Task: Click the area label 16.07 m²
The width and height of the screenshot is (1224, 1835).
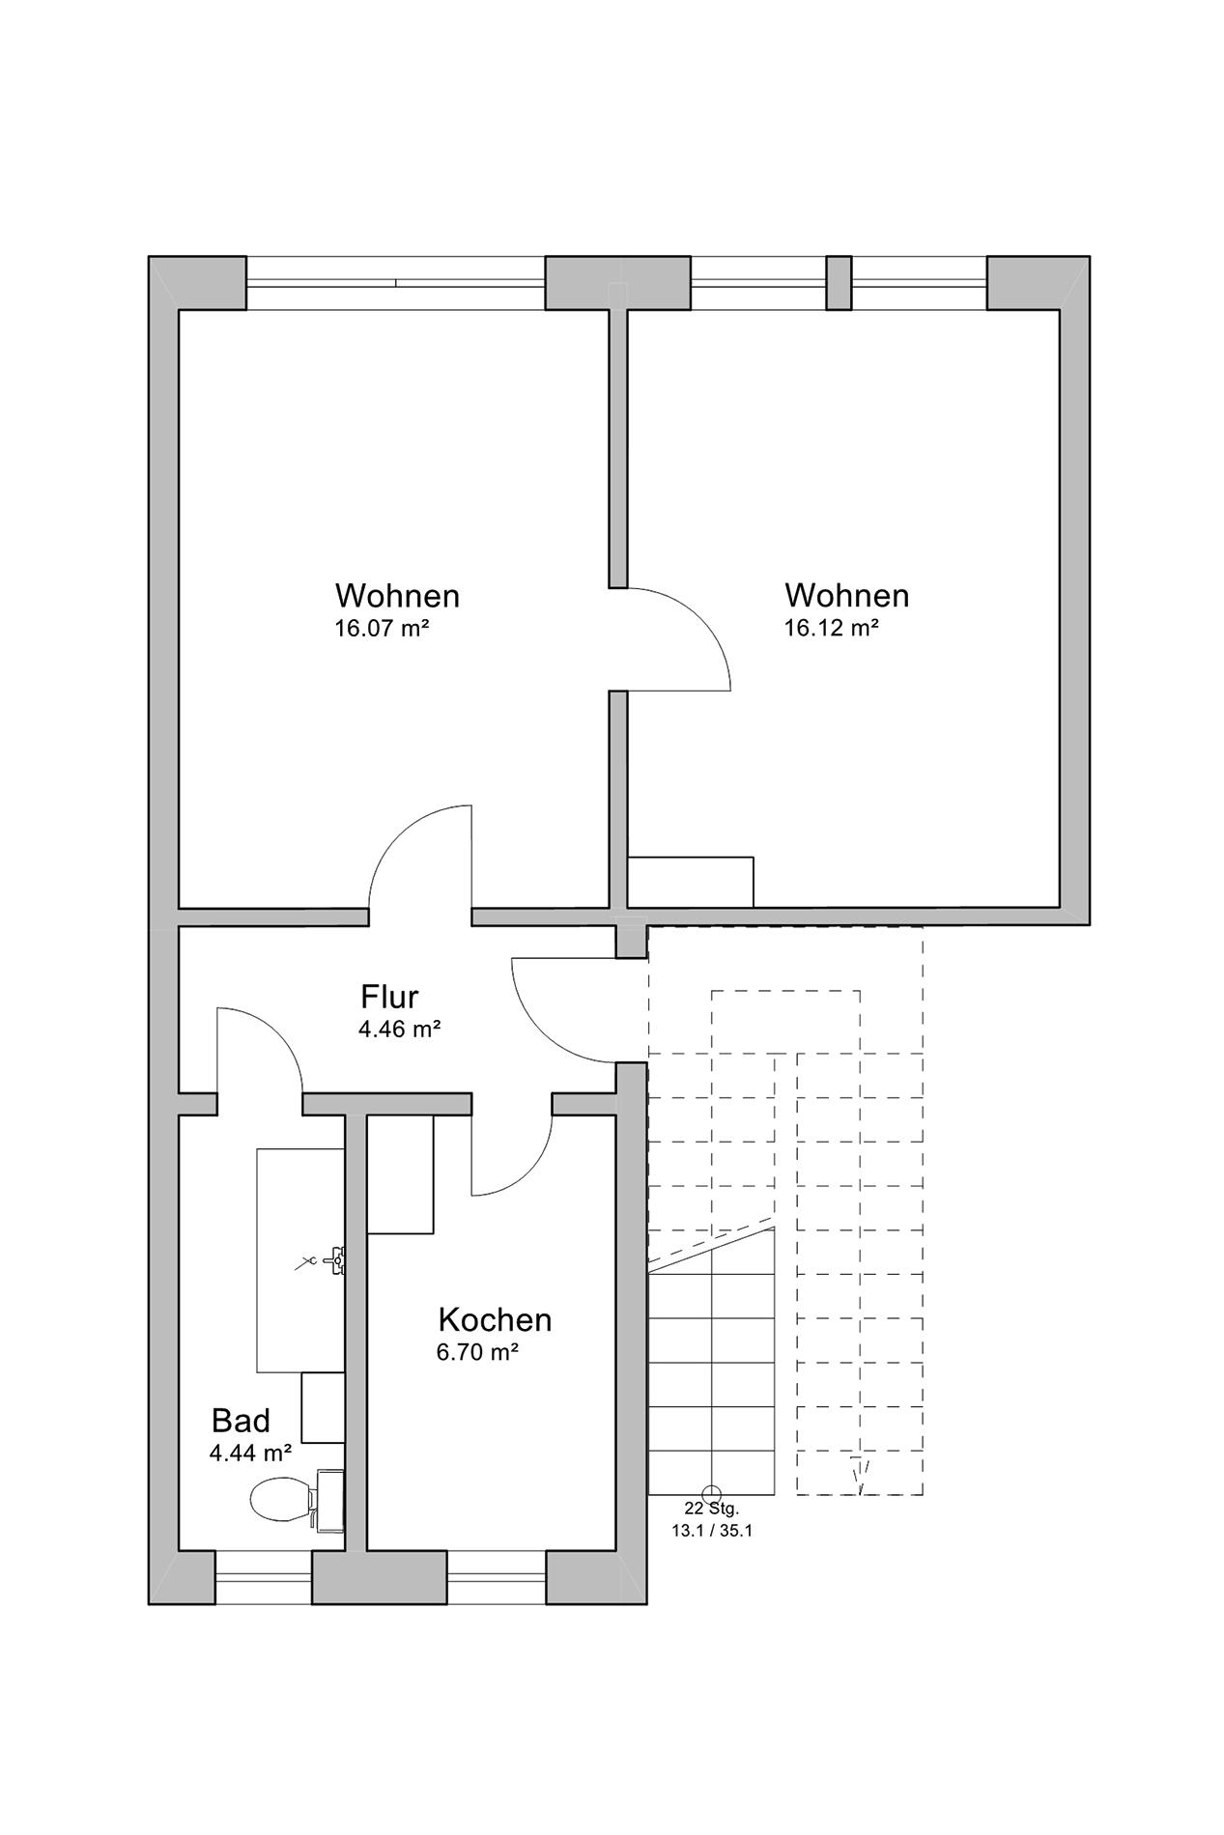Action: [x=382, y=629]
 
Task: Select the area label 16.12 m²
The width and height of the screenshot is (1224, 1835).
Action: [x=831, y=628]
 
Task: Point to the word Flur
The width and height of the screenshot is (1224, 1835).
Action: [x=389, y=996]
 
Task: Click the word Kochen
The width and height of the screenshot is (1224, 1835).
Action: [x=495, y=1319]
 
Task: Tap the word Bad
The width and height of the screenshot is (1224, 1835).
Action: [x=241, y=1421]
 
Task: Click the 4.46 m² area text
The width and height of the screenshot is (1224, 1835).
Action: [x=400, y=1030]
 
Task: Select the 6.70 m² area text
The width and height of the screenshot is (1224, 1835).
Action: [x=478, y=1352]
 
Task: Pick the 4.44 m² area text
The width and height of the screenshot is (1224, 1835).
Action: [x=251, y=1453]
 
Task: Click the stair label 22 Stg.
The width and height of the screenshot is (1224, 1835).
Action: [x=712, y=1509]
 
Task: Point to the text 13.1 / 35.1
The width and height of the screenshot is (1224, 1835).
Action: [x=712, y=1531]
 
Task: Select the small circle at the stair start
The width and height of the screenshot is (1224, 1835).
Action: [x=712, y=1493]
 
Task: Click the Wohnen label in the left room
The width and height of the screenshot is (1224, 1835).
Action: [x=397, y=595]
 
